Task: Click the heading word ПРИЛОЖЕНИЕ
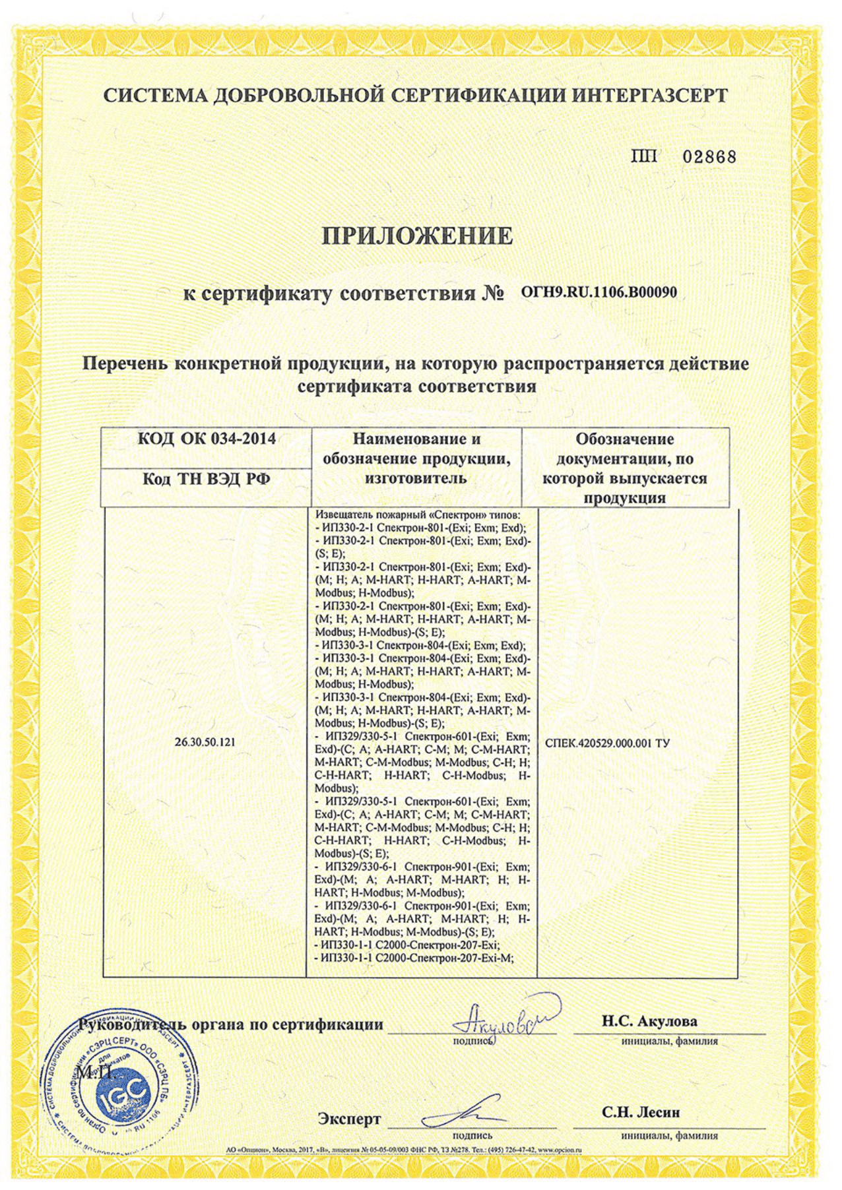point(417,235)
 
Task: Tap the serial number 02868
point(709,157)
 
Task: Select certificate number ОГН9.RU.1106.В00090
point(599,292)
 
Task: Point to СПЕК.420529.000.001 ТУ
point(608,743)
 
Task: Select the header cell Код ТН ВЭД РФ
point(206,480)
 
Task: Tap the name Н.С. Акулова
point(649,1022)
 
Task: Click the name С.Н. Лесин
point(640,1113)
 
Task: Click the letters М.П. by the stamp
point(96,1073)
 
